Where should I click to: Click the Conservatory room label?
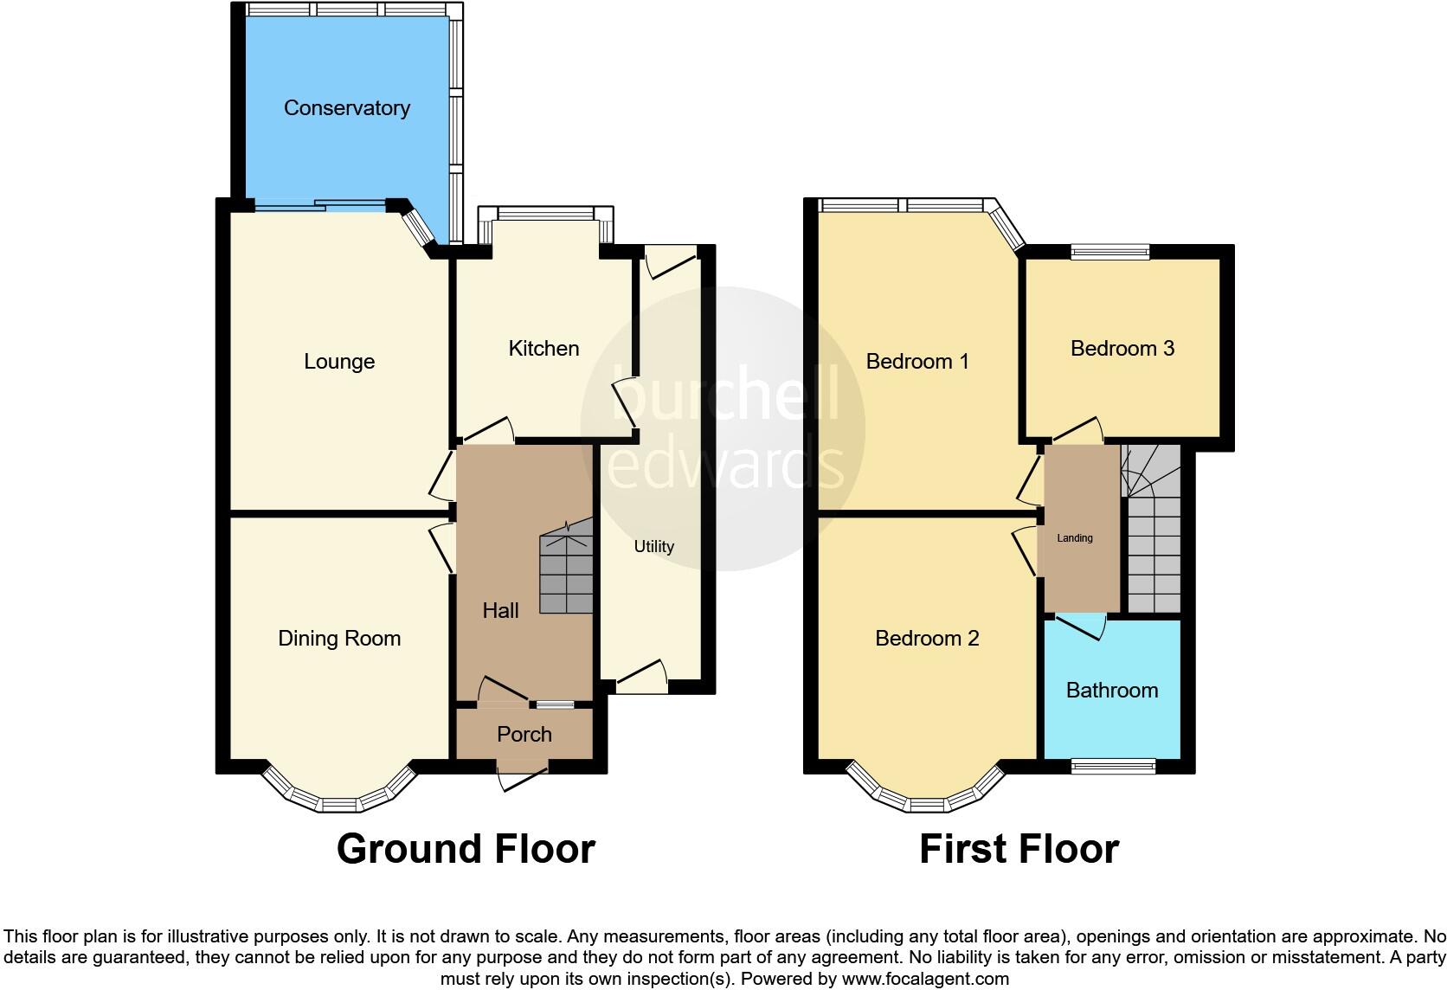click(346, 108)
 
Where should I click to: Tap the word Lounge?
click(339, 362)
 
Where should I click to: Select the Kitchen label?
click(543, 349)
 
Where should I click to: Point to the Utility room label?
click(653, 547)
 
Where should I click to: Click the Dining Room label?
click(339, 639)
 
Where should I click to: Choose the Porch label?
click(524, 735)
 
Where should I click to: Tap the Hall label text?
click(500, 611)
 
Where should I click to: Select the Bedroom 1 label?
click(917, 362)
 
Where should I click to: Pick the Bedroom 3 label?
click(1122, 349)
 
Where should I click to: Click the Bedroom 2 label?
click(927, 639)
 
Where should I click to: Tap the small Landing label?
click(1075, 538)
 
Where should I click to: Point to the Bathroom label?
click(1111, 691)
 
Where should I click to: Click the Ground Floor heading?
click(466, 849)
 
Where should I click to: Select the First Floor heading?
click(1019, 849)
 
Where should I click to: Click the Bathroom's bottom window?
click(1113, 766)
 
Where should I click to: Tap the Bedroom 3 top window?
click(1109, 252)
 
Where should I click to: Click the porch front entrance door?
click(524, 774)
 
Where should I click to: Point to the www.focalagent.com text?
click(925, 980)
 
